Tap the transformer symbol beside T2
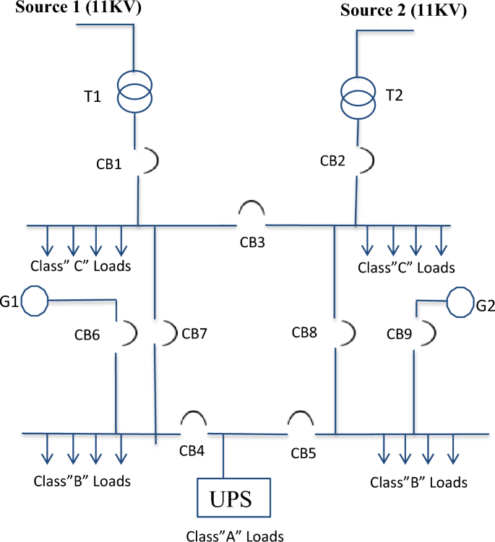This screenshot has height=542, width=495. click(x=357, y=93)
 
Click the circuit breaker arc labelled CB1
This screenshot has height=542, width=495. click(x=149, y=160)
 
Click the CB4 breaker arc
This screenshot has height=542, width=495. click(x=194, y=421)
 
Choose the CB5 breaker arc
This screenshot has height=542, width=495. click(x=300, y=421)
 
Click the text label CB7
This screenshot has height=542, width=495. click(x=194, y=334)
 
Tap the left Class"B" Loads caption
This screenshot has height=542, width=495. click(x=81, y=481)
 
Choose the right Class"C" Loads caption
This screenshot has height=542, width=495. click(x=407, y=268)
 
